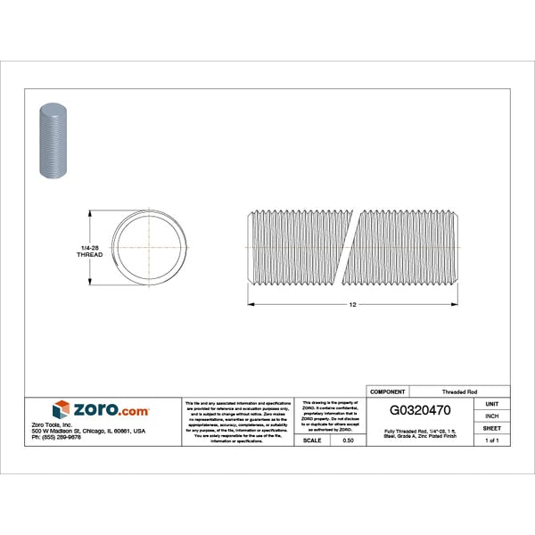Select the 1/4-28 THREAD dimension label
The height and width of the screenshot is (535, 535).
point(90,251)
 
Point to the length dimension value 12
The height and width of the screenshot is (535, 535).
point(353,305)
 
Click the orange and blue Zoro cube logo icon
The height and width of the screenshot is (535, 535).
point(62,410)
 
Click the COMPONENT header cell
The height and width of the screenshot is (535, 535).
point(387,391)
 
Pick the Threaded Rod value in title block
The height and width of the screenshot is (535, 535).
point(459,391)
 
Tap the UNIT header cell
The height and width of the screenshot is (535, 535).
point(491,404)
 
